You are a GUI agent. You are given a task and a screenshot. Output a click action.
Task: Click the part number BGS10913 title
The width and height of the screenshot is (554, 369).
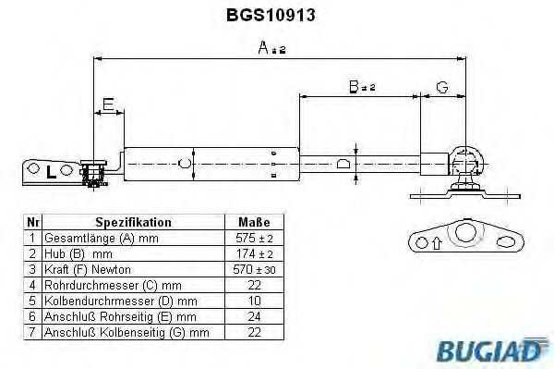(x=277, y=16)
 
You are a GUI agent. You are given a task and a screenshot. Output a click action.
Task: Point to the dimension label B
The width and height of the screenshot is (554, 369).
(x=354, y=87)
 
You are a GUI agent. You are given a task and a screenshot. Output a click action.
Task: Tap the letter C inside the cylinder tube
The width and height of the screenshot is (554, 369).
(x=185, y=164)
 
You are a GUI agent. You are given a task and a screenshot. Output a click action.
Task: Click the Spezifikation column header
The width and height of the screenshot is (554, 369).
(x=133, y=222)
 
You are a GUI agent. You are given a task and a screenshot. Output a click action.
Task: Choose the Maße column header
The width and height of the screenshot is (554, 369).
(x=254, y=222)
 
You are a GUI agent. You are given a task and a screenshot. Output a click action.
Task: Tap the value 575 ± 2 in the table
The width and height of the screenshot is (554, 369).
(x=254, y=237)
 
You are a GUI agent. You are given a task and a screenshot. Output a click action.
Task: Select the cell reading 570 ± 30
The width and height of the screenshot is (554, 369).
(x=254, y=268)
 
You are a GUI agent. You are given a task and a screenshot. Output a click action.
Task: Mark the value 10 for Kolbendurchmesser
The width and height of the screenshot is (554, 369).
(x=254, y=300)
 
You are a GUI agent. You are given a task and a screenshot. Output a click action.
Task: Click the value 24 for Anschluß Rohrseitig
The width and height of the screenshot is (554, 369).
(x=254, y=315)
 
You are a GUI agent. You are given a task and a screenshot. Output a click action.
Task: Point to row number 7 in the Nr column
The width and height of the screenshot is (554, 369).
(x=32, y=331)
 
